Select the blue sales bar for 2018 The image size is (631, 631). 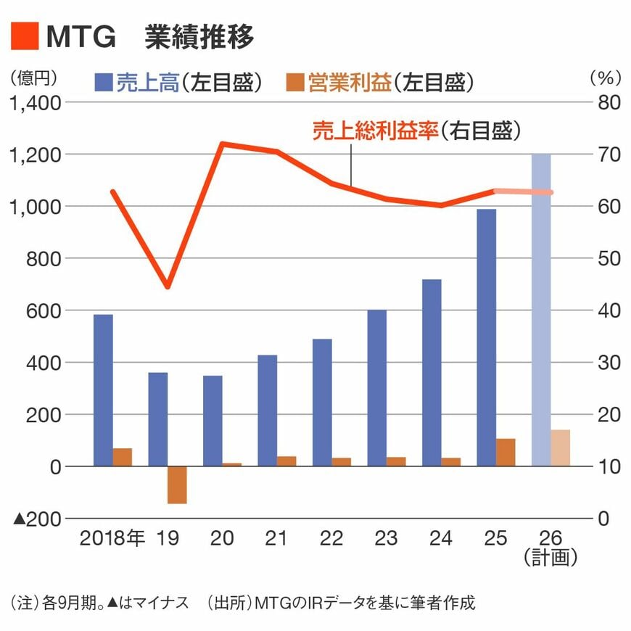click(x=103, y=390)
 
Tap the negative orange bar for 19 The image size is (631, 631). click(x=177, y=484)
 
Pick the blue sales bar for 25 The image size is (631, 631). click(x=487, y=337)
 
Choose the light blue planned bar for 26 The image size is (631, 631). click(x=541, y=310)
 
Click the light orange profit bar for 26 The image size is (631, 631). click(x=561, y=448)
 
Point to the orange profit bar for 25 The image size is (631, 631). click(x=506, y=452)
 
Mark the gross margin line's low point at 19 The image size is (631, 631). click(x=168, y=287)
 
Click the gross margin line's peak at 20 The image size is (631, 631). click(x=222, y=144)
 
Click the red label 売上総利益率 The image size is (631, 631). click(x=376, y=131)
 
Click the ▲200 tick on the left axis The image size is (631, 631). click(x=36, y=519)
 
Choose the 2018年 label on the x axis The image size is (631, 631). click(x=112, y=538)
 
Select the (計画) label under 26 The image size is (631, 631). click(x=551, y=557)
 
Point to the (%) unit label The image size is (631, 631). click(x=601, y=75)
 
